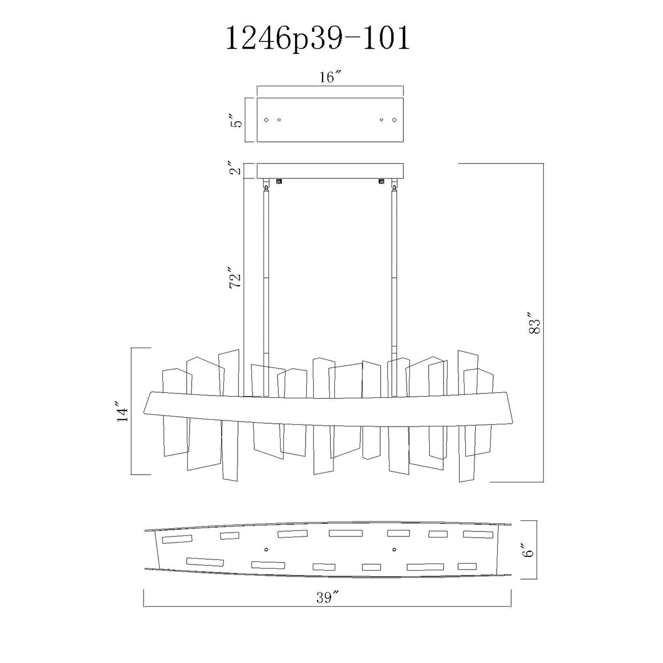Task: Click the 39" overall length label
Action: click(328, 598)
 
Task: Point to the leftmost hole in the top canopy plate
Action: click(266, 120)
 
